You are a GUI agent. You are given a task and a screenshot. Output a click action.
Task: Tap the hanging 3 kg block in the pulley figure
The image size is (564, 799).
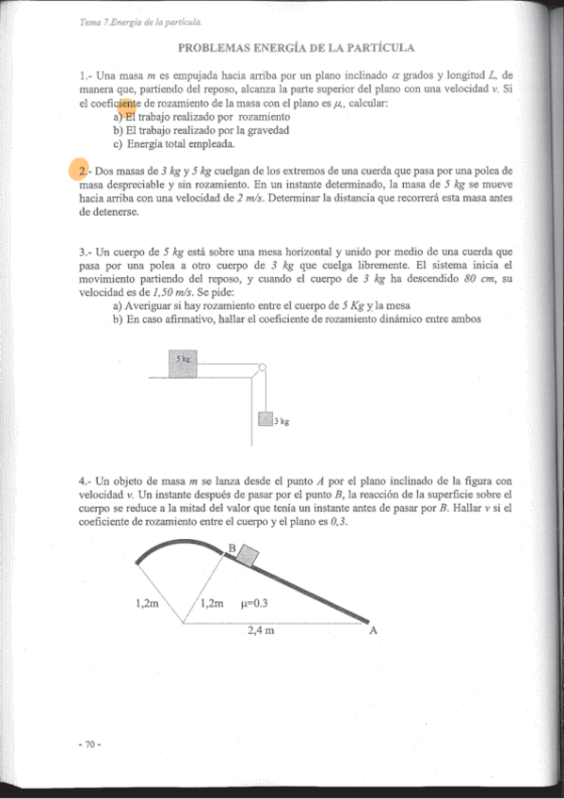click(265, 420)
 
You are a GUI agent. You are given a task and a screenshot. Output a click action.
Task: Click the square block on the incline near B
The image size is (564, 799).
click(245, 555)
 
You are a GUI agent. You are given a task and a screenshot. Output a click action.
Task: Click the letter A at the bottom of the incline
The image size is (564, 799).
click(373, 631)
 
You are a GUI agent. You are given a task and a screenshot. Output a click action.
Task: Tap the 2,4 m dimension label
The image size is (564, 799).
click(261, 630)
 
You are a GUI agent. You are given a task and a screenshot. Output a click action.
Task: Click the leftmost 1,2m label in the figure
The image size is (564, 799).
click(148, 604)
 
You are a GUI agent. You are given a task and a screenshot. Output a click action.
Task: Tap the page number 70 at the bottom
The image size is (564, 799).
click(89, 744)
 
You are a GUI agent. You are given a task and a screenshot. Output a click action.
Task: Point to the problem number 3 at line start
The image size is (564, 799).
click(84, 253)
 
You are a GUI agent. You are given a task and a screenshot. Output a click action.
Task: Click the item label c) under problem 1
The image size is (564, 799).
click(118, 144)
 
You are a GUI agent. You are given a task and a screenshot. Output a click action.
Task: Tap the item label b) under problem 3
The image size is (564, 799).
click(118, 318)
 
